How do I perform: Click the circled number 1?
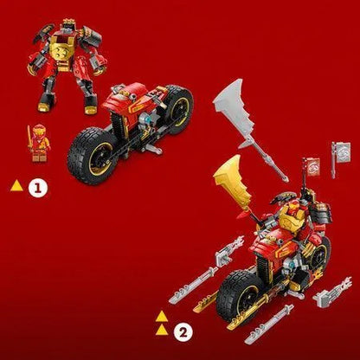tap(35, 185)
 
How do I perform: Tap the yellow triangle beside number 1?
tap(16, 185)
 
